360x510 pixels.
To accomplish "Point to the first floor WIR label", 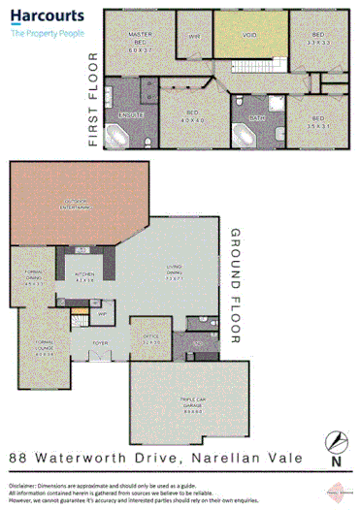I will pyautogui.click(x=194, y=38).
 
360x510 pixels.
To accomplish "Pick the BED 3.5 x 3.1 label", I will pyautogui.click(x=316, y=121).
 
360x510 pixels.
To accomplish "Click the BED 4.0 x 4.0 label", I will pyautogui.click(x=194, y=117).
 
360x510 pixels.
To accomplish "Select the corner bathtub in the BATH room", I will pyautogui.click(x=241, y=134).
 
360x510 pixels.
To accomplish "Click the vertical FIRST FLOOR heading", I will pyautogui.click(x=93, y=99).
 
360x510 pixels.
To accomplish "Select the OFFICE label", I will pyautogui.click(x=150, y=340).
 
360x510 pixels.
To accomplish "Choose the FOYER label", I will pyautogui.click(x=99, y=342).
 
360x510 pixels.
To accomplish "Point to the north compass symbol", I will pyautogui.click(x=335, y=441).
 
